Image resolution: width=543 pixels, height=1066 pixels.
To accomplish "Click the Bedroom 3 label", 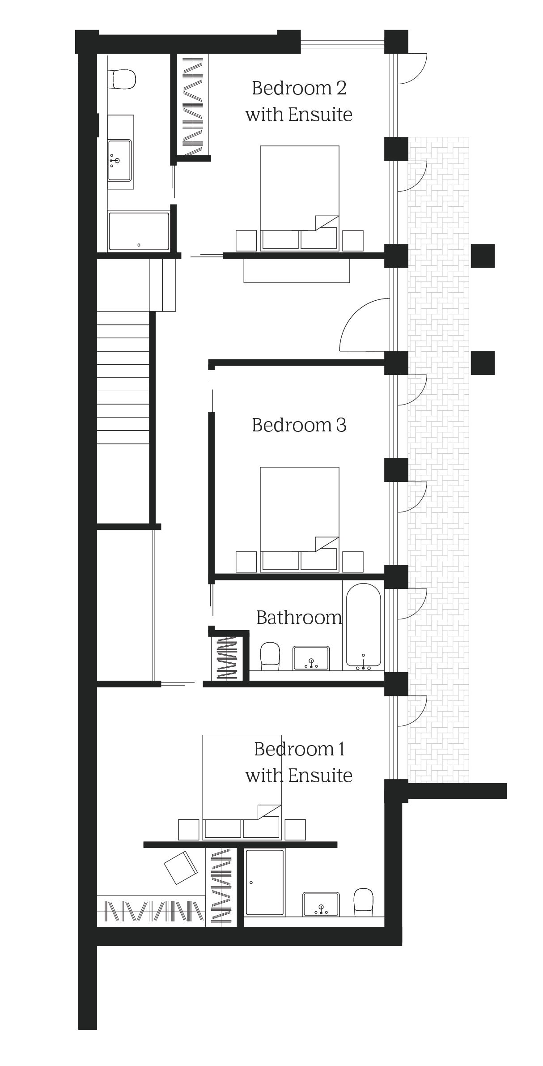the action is (x=299, y=425).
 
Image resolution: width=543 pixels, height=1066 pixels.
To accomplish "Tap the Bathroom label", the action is (x=299, y=618).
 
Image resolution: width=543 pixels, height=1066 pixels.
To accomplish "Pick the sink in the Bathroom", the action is (x=311, y=658).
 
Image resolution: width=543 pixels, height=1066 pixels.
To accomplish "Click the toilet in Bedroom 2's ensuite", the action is (x=123, y=79).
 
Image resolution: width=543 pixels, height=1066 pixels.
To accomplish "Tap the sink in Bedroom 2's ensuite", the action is (x=119, y=160).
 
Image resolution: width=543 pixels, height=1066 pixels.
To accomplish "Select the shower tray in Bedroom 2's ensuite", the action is (x=139, y=231).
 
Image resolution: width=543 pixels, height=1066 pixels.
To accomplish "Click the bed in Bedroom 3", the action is (x=299, y=519).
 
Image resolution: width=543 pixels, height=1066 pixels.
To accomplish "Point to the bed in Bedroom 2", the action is (x=299, y=198).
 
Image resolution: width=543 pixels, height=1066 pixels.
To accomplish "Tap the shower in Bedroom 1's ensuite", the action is (x=265, y=882).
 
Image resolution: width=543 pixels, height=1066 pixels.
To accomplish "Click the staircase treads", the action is (x=123, y=377).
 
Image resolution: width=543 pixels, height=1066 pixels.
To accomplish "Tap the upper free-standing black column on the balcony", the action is (x=483, y=256).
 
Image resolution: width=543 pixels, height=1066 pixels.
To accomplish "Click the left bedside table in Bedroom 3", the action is (x=246, y=562).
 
